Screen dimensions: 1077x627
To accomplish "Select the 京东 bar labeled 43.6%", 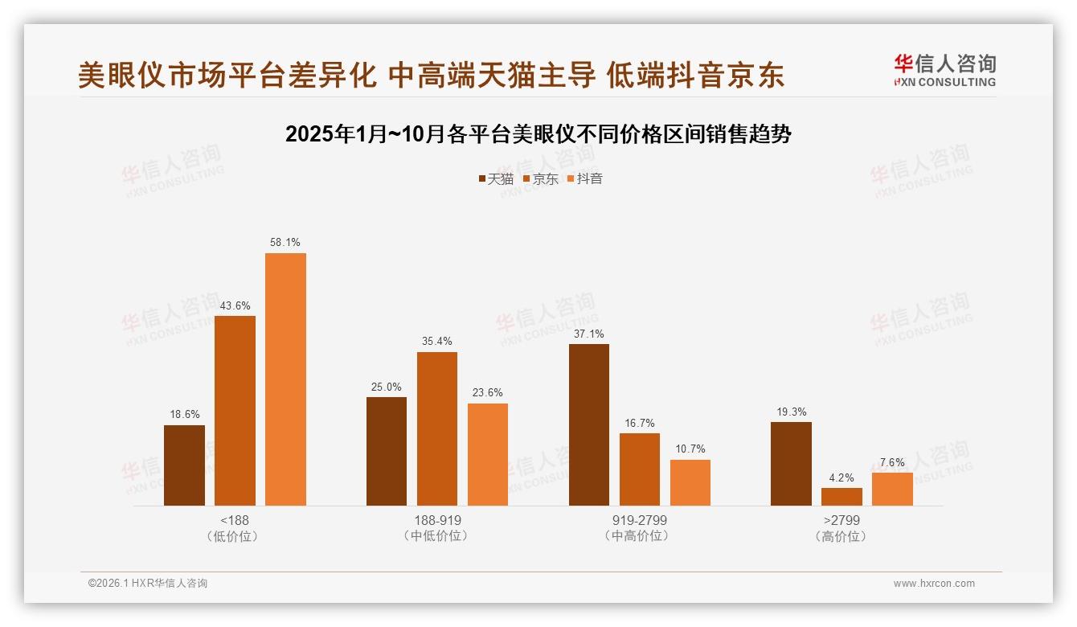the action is tap(235, 411).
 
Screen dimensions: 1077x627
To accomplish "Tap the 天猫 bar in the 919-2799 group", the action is tap(589, 424).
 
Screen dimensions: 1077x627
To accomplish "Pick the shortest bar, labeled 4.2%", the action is tap(842, 497).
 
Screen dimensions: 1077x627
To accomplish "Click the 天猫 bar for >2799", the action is tap(791, 464).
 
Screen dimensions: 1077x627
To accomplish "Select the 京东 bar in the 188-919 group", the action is tap(436, 428).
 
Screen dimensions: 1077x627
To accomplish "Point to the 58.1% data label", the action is tap(285, 242).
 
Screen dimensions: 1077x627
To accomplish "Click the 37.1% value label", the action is tap(589, 334).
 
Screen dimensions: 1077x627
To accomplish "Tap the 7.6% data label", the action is tap(892, 462).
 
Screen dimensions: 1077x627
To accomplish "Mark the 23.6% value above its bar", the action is tap(488, 393).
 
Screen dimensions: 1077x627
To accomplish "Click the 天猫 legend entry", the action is tap(496, 178).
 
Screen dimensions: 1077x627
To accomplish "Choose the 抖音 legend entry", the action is tap(585, 178).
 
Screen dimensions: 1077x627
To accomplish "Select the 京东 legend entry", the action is tap(541, 178).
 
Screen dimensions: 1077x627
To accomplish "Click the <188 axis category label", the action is tap(234, 520).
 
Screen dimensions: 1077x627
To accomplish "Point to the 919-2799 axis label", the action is tap(639, 520).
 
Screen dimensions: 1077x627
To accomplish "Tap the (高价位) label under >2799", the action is tap(841, 536).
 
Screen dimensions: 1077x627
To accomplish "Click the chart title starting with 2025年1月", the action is tap(538, 134).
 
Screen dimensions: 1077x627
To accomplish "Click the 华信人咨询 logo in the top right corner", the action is tap(944, 70).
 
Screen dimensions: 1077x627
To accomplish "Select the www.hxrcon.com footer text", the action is tap(934, 584).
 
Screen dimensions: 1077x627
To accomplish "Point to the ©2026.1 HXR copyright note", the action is tap(148, 584).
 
